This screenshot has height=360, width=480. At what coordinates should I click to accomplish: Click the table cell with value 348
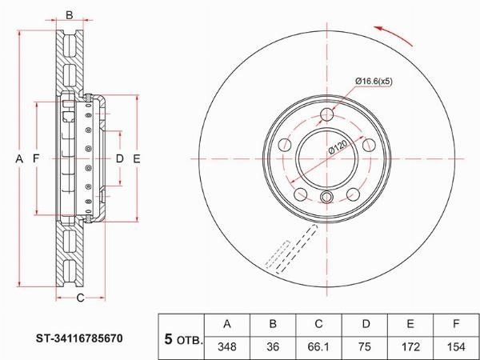227,347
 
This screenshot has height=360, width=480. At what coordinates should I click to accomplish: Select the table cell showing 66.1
318,347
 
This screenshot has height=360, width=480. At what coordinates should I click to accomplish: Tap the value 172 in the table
410,347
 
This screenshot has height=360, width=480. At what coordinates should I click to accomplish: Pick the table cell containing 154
456,347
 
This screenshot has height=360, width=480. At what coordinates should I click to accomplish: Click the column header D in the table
366,324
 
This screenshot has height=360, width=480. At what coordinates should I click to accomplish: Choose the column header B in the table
273,324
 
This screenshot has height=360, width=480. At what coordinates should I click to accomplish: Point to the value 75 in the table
365,347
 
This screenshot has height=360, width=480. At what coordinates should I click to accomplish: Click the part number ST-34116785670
79,338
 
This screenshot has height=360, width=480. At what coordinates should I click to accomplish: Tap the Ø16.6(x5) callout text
374,82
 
